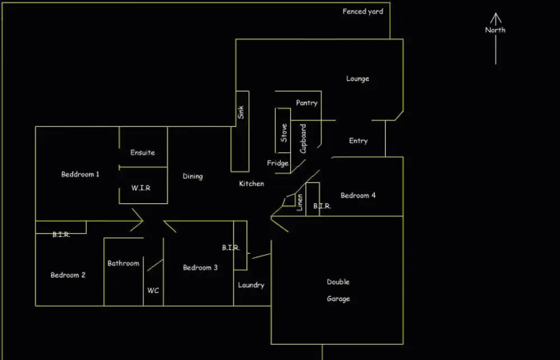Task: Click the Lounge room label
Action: click(357, 79)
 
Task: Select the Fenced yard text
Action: click(363, 11)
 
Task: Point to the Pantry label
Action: click(307, 103)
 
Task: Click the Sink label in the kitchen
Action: click(241, 112)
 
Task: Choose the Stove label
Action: click(284, 133)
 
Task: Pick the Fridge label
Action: click(278, 163)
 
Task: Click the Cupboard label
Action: click(304, 139)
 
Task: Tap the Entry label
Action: click(358, 141)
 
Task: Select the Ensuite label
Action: click(143, 152)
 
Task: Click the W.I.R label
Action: click(141, 188)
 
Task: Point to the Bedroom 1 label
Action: click(80, 175)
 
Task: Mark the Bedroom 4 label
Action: click(358, 195)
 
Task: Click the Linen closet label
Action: click(300, 202)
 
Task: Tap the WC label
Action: click(153, 291)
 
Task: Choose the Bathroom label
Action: click(123, 263)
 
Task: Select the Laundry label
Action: click(251, 285)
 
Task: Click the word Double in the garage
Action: click(338, 282)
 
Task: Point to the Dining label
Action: click(193, 177)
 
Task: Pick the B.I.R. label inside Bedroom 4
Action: click(322, 206)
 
